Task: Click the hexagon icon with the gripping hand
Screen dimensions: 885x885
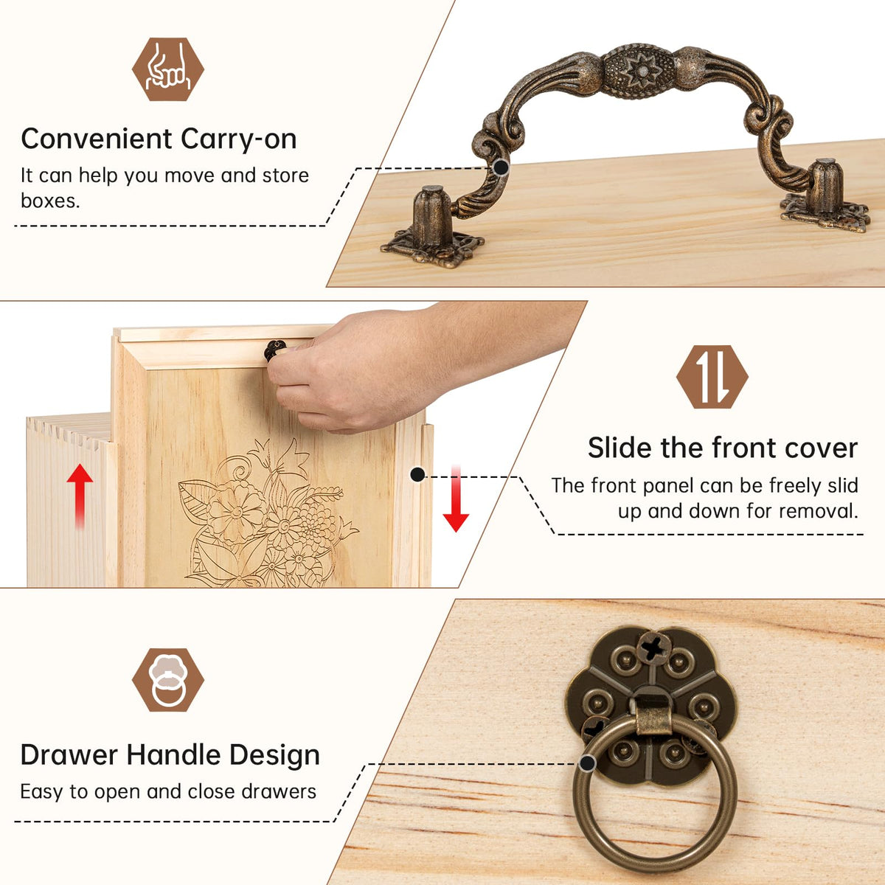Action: point(168,69)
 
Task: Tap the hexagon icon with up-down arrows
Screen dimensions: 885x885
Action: point(712,377)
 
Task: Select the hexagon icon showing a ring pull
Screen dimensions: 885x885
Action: point(168,680)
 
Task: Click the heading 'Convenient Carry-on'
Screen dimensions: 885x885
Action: point(159,139)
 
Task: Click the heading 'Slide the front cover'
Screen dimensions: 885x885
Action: point(723,448)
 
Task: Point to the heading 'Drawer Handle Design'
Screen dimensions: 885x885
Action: point(170,755)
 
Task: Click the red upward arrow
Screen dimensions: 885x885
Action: point(80,496)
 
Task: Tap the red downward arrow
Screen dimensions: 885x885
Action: point(456,499)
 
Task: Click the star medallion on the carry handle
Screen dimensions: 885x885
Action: point(639,72)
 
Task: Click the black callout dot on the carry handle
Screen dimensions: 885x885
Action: point(501,167)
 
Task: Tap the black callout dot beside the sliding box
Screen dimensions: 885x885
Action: point(417,475)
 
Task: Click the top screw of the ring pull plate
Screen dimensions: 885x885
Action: point(653,648)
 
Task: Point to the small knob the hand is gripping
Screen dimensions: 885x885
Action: point(274,350)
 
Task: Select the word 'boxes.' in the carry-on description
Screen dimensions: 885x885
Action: point(51,201)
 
